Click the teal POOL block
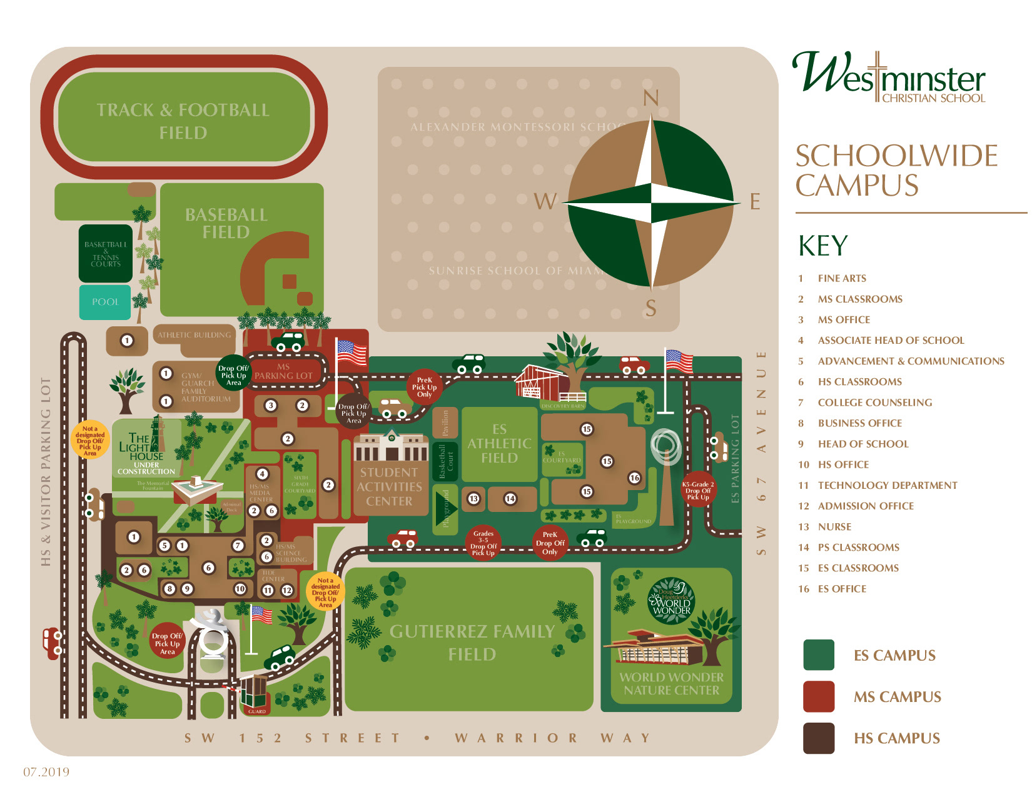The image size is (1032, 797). point(105,302)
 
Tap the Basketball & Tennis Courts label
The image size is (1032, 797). point(106,254)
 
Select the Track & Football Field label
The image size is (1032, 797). point(183,121)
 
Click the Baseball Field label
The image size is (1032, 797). point(226,223)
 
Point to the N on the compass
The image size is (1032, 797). point(651,98)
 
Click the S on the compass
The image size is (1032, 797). point(651,308)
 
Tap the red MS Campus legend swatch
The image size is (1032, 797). point(819,696)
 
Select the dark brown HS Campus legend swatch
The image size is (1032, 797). point(819,738)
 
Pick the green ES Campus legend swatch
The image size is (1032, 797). point(819,655)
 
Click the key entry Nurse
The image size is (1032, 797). point(834,527)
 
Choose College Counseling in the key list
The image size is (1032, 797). point(874,403)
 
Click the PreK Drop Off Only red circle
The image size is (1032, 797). point(550,543)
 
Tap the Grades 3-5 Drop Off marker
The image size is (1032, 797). point(483,543)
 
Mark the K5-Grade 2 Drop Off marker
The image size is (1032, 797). point(698,490)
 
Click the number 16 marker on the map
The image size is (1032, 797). point(634,478)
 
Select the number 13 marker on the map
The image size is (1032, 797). point(473,498)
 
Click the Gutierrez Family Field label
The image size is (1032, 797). point(472,643)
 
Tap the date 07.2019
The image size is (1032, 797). point(46,772)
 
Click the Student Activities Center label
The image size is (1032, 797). point(389,487)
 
